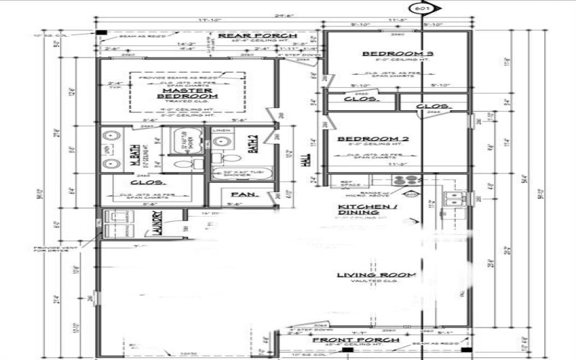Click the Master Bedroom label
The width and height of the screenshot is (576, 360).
(x=186, y=93)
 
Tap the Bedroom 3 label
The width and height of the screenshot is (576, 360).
(x=388, y=54)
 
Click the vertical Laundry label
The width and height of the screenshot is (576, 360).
(x=157, y=224)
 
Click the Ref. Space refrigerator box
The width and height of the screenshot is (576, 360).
(x=345, y=184)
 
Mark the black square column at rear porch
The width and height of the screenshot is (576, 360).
(x=102, y=33)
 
